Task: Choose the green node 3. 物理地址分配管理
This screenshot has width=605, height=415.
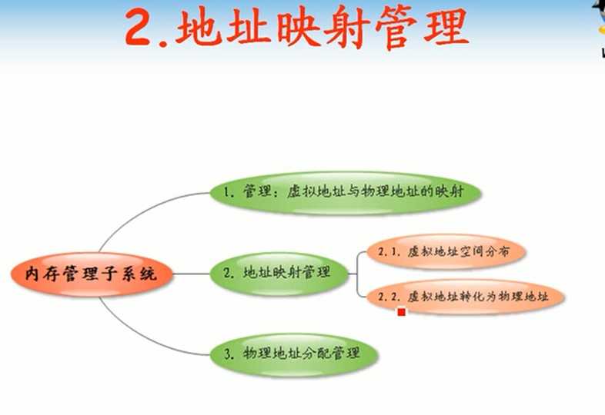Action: (x=295, y=354)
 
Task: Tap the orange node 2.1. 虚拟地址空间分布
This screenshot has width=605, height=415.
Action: (x=446, y=252)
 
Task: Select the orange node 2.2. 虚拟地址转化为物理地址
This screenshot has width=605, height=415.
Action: (x=466, y=297)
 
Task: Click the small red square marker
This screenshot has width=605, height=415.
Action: (x=401, y=312)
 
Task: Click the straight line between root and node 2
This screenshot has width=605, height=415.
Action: (x=191, y=273)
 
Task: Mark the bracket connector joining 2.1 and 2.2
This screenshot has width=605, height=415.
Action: (x=358, y=273)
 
